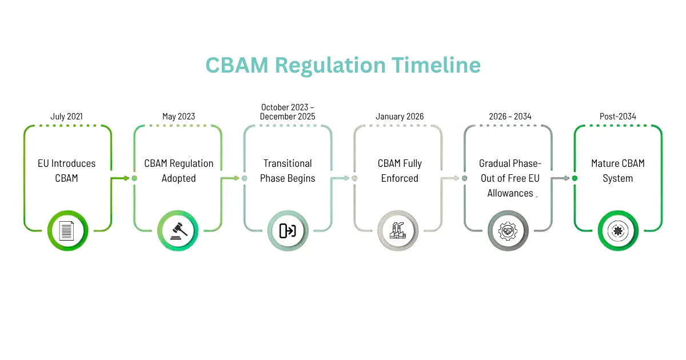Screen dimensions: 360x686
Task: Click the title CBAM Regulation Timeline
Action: (343, 65)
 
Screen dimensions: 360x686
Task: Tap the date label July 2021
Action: (66, 117)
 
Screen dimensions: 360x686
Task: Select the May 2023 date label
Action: (178, 117)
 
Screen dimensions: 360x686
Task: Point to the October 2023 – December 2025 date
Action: (288, 111)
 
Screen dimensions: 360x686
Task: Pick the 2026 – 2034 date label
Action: (510, 117)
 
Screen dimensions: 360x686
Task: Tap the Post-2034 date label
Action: (618, 117)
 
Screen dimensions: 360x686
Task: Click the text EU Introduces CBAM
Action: (67, 171)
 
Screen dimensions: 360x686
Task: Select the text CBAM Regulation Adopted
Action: (178, 171)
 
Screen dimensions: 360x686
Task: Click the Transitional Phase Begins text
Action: (288, 171)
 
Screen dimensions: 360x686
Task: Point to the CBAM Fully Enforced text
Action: (400, 171)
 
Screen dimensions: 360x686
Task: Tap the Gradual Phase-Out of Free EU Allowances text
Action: (510, 178)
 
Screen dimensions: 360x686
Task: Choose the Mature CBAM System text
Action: (618, 171)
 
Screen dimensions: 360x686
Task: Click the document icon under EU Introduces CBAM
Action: (67, 231)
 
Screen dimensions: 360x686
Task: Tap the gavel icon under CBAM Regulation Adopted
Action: (178, 231)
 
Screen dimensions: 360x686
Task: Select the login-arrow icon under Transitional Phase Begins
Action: (288, 231)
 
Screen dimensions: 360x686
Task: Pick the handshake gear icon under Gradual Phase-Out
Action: (508, 231)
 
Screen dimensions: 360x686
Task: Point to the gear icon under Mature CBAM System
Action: (619, 231)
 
